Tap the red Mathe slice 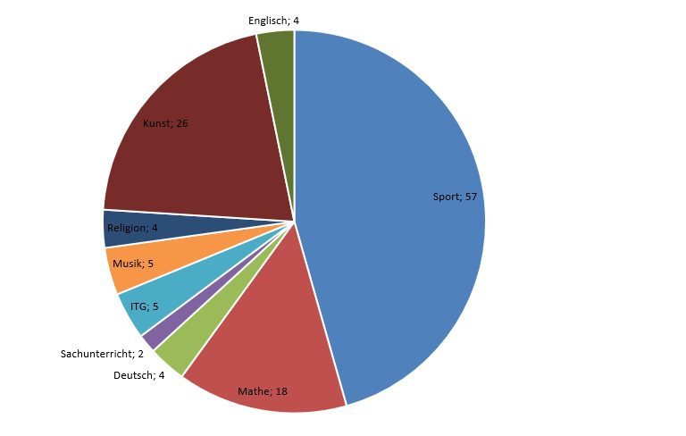(x=268, y=357)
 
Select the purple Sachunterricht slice (x=152, y=340)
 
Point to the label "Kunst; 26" (x=165, y=123)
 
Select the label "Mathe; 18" (x=263, y=391)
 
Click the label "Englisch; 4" (x=273, y=19)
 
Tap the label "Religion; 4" (x=132, y=229)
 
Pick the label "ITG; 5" (x=144, y=306)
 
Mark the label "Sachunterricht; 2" (x=102, y=355)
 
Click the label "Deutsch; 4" (x=139, y=376)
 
